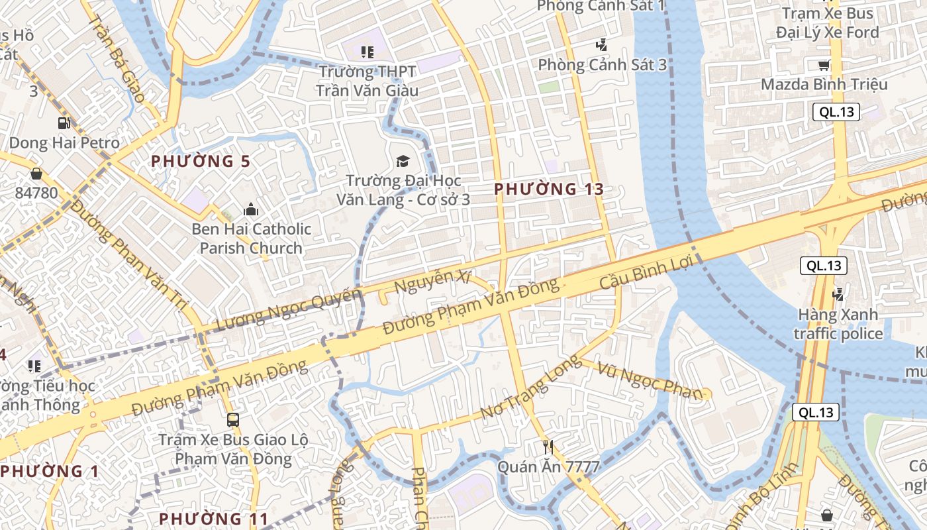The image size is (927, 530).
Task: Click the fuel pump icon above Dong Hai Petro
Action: tap(64, 123)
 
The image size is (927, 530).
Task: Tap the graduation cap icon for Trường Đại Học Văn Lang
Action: tap(402, 161)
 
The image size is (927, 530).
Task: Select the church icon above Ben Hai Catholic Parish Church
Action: tap(251, 210)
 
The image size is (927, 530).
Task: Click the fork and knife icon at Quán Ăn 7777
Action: tap(548, 447)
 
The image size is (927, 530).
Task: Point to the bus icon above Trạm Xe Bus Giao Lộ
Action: tap(233, 419)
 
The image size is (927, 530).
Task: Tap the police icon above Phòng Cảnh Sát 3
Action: tap(601, 45)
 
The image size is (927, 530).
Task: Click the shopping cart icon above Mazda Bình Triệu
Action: tap(824, 65)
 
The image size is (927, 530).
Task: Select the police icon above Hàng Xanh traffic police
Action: tap(838, 293)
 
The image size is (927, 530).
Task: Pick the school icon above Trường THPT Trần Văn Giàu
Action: tap(367, 52)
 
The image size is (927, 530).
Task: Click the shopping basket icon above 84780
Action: tap(36, 174)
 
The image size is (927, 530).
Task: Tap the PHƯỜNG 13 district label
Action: tap(549, 189)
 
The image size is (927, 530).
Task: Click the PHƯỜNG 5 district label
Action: tap(201, 161)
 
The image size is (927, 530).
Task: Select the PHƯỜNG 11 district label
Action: tap(214, 518)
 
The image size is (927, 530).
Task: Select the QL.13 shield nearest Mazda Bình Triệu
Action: tap(836, 112)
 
